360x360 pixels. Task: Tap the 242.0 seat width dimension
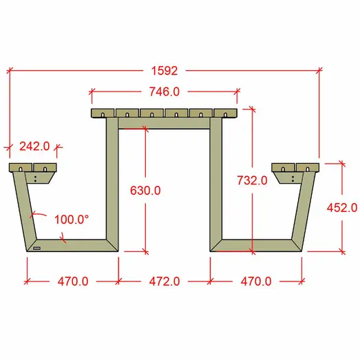pos(34,146)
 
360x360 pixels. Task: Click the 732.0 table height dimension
pos(251,181)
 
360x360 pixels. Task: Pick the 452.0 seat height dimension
pos(341,207)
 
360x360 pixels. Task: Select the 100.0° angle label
pos(72,220)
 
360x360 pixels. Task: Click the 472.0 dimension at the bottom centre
pos(164,281)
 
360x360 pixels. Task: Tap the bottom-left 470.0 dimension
pos(72,281)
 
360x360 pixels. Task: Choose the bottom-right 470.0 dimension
pos(256,281)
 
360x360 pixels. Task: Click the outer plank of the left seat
pos(20,167)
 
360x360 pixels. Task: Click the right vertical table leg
pos(216,179)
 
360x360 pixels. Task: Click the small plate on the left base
pos(36,247)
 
